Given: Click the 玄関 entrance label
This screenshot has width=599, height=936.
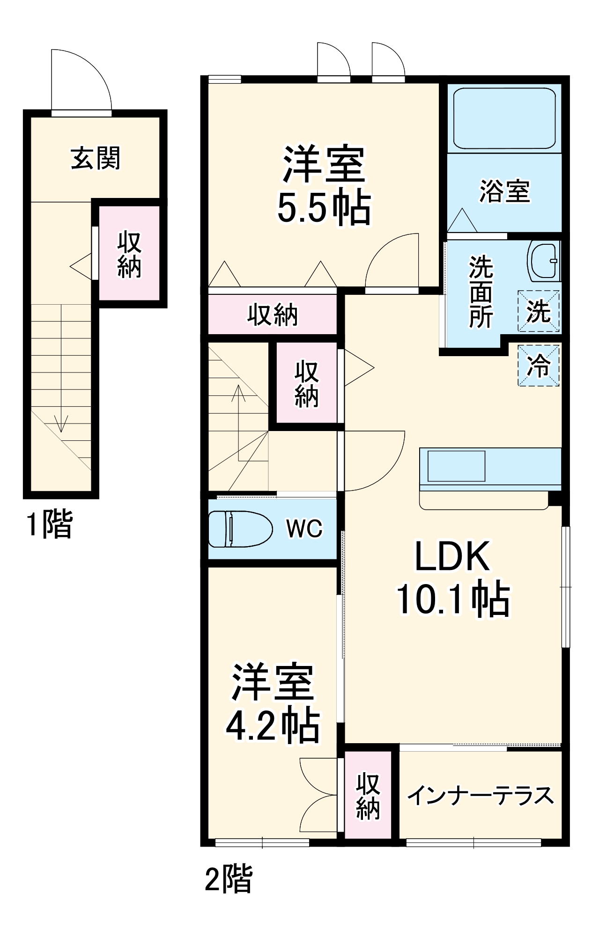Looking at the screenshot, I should click(96, 158).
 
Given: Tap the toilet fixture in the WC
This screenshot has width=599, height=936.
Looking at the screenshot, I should click(239, 529).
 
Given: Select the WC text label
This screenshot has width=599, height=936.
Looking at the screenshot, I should click(304, 529).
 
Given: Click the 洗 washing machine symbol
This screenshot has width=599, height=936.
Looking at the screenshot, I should click(538, 311).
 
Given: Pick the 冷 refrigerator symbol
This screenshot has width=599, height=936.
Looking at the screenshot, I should click(538, 366).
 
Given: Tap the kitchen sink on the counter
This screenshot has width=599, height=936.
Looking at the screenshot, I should click(456, 466).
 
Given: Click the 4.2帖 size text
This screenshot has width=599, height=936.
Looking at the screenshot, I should click(273, 727).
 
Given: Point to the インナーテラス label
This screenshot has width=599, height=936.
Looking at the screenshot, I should click(481, 795).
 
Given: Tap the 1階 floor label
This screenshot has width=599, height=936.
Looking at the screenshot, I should click(49, 524).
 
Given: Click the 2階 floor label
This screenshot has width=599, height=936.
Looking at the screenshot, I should click(229, 878).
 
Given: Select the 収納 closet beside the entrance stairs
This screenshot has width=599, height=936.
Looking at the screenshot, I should click(129, 254).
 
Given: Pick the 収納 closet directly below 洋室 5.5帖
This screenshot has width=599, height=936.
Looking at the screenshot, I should click(273, 315).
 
